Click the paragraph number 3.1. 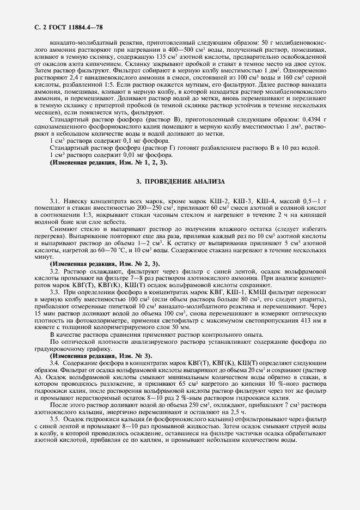coord(55,202)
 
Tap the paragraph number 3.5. coord(55,419)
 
